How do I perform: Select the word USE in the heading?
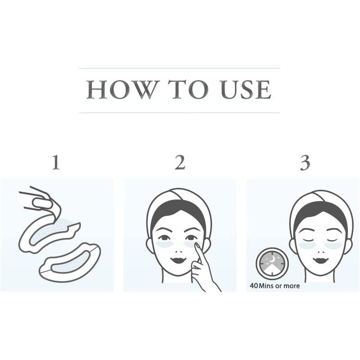coord(245,90)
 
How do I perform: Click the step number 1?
coord(56,162)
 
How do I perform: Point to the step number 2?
coord(180,162)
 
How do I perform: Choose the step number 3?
coord(305,163)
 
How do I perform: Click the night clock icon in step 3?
coord(271,264)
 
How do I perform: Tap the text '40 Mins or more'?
coord(275,286)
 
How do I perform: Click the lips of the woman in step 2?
coord(179,260)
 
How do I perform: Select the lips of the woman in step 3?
coord(321,260)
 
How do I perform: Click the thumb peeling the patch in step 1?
coord(41,203)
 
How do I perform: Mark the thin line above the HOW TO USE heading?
coord(179,68)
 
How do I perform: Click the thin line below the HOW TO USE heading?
coord(179,113)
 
